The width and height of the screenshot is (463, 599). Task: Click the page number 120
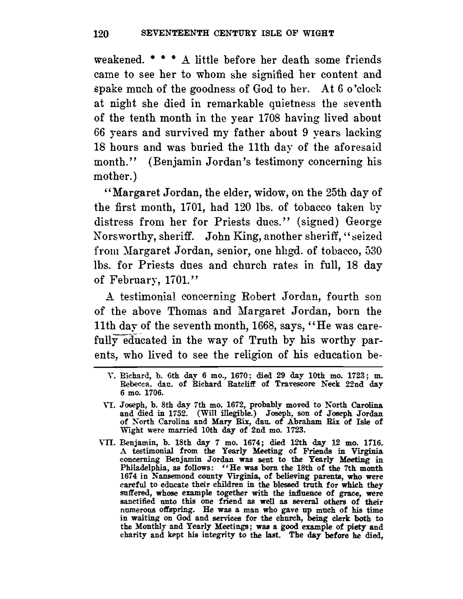101,34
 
